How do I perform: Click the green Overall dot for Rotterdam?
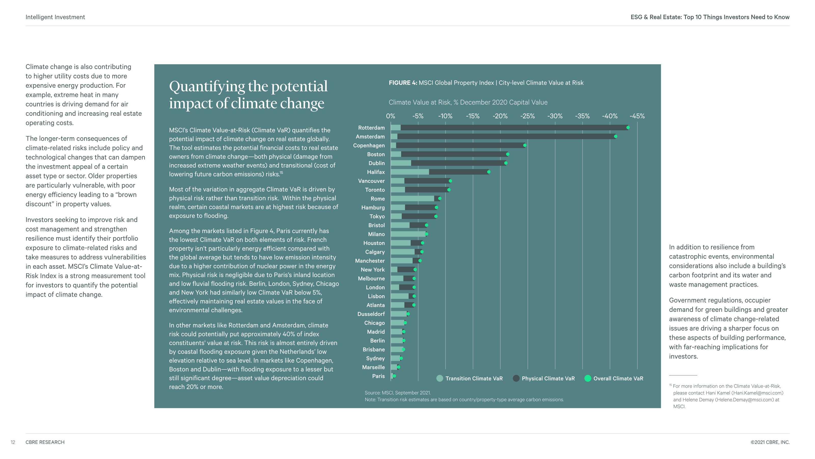tap(628, 128)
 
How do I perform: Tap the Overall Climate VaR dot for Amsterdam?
tap(615, 136)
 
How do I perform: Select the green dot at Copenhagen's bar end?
tap(525, 145)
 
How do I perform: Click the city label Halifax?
tap(376, 172)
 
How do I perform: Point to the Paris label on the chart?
tap(378, 376)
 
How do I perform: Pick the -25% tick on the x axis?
tap(527, 116)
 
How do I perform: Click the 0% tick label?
tap(390, 116)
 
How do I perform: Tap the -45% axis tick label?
tap(637, 116)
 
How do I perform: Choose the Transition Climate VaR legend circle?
tap(439, 378)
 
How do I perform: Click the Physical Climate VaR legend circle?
tap(516, 378)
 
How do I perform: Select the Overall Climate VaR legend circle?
tap(588, 378)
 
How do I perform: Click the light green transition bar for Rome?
tap(413, 199)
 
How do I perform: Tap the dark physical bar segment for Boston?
tap(454, 154)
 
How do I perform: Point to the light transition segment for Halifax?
tap(410, 172)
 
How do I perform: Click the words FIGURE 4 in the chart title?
tap(403, 83)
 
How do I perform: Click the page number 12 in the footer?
tap(13, 442)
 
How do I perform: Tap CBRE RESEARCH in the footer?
tap(45, 442)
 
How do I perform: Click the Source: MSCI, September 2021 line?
tap(398, 393)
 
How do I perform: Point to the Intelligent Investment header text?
tap(55, 17)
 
